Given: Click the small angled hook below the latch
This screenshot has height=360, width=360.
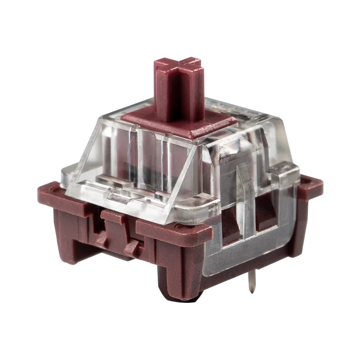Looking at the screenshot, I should point(133,245).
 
